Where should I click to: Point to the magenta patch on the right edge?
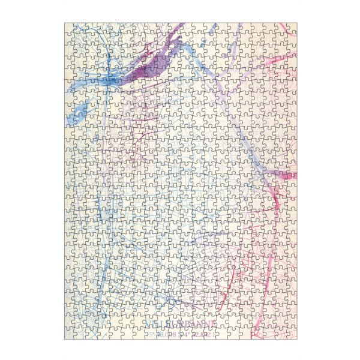coord(288,176)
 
